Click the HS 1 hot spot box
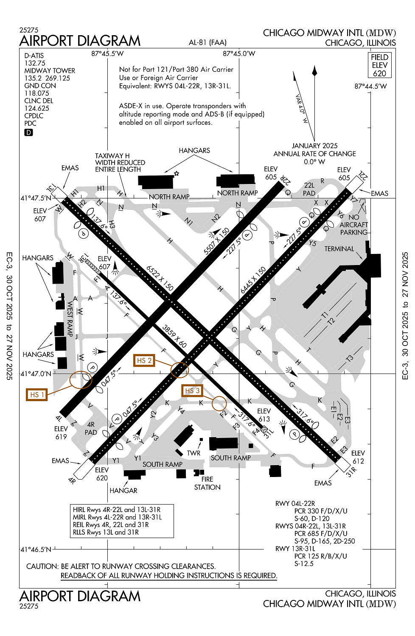(36, 394)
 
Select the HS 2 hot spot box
(144, 360)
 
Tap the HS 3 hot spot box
(192, 391)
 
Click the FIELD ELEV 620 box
(379, 65)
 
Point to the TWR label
(193, 453)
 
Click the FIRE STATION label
(207, 483)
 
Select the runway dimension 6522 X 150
(160, 278)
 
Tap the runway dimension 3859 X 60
(174, 336)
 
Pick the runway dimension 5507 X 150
(216, 241)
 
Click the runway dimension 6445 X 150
(253, 280)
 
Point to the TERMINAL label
(339, 249)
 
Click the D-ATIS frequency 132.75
(35, 63)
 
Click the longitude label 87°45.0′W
(239, 53)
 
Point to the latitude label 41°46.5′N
(36, 550)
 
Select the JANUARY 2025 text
(314, 146)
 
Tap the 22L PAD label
(309, 189)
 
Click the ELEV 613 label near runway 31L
(264, 415)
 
